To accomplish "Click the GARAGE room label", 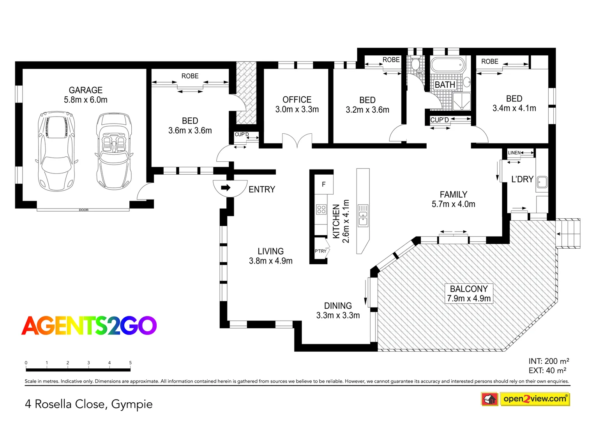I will coord(85,90).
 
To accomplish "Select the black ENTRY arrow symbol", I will coord(226,188).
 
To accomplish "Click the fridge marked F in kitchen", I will coord(323,184).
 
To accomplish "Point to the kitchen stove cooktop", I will coord(321,209).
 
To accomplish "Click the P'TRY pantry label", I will coord(321,251).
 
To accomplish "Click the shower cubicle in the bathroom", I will coord(461,101).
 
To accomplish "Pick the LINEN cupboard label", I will coord(514,152).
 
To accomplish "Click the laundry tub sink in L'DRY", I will coord(542,182).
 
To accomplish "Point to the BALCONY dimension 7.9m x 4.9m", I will coord(469,298).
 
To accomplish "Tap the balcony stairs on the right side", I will coord(568,233).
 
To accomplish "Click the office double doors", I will coord(297,141).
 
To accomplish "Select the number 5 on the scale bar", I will coord(130,363).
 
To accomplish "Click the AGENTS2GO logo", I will coord(89,325).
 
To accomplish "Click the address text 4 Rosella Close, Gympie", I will coord(88,404).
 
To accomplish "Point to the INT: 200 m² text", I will coord(548,361).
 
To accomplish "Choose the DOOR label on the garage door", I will coord(83,210).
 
